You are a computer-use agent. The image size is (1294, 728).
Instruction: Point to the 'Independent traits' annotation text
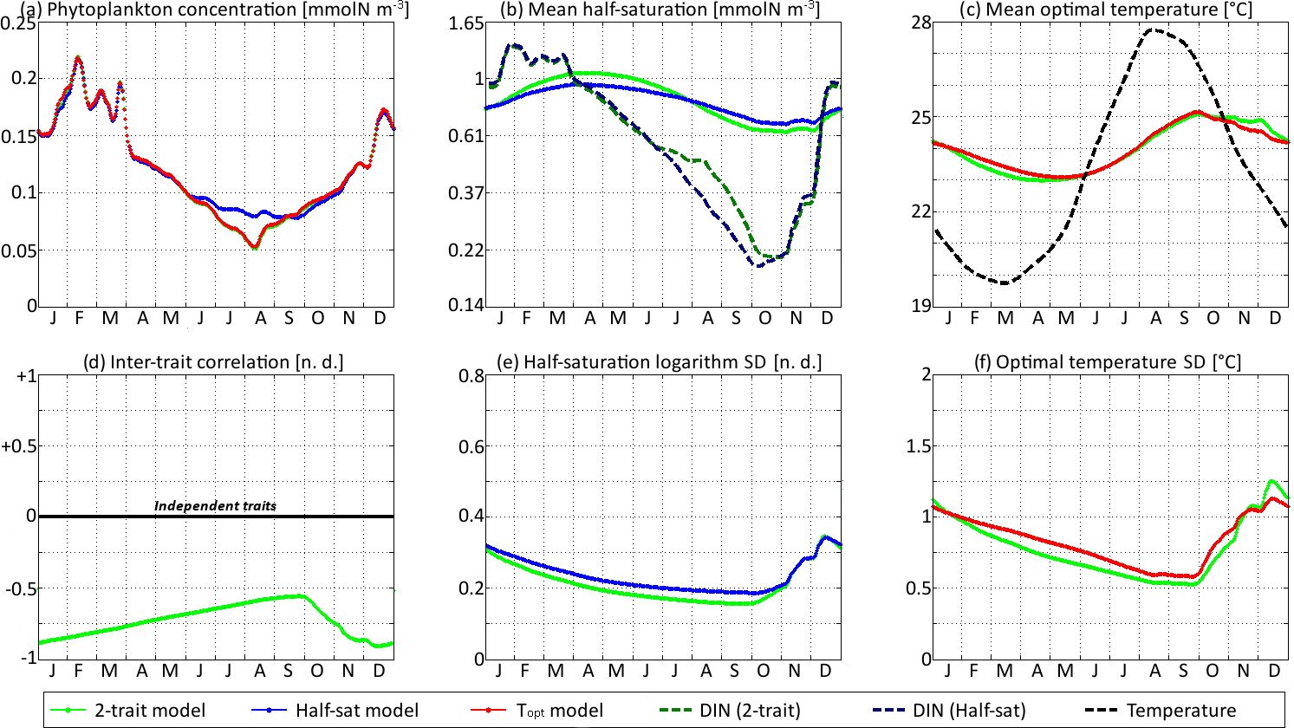pyautogui.click(x=215, y=505)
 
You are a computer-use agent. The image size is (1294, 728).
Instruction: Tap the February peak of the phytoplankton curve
pyautogui.click(x=79, y=58)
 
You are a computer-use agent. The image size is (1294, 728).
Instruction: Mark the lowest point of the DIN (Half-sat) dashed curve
pyautogui.click(x=759, y=265)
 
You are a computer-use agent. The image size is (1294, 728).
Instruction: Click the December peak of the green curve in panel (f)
pyautogui.click(x=1272, y=481)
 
